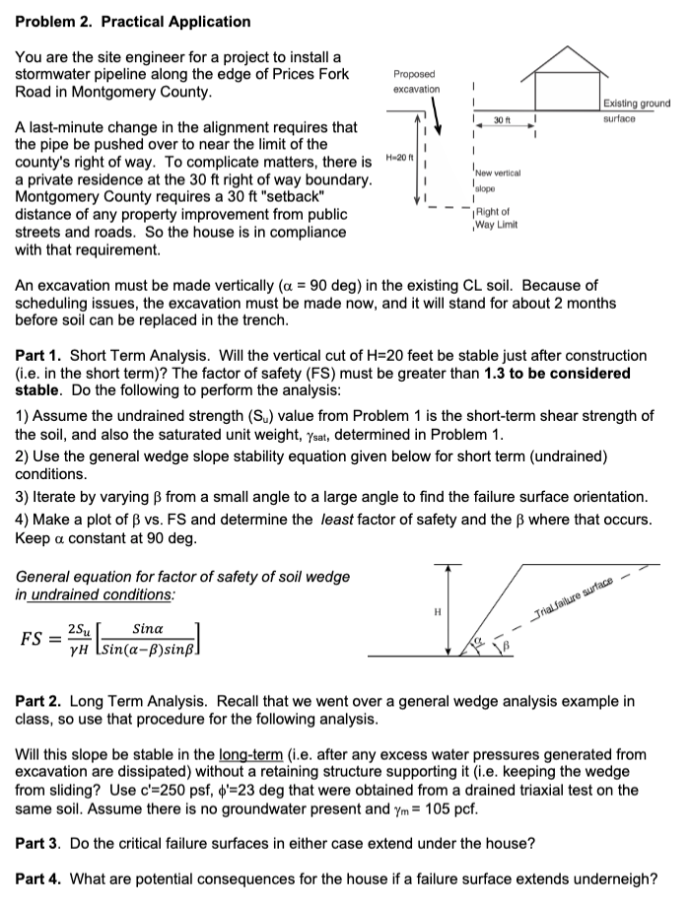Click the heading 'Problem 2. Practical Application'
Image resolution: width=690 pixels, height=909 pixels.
(x=133, y=21)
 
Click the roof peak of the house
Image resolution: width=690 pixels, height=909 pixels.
(x=572, y=45)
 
